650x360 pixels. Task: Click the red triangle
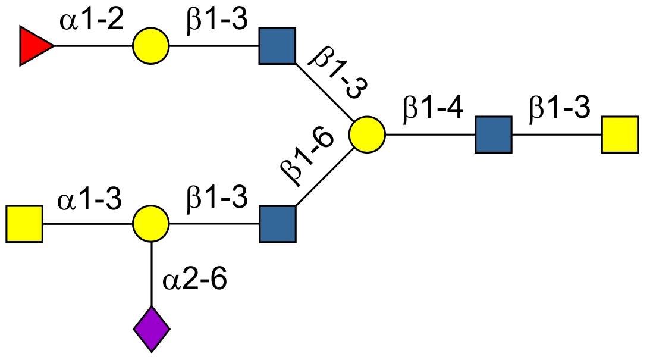click(33, 46)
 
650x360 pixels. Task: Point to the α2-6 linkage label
click(194, 280)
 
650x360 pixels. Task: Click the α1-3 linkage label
click(90, 201)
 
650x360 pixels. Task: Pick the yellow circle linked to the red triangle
click(151, 46)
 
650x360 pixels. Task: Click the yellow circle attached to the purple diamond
click(151, 224)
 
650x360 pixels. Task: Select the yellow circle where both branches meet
click(367, 135)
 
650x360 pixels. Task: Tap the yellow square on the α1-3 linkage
click(24, 224)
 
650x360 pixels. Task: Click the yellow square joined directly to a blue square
click(620, 135)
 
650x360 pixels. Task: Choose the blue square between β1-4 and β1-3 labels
click(493, 135)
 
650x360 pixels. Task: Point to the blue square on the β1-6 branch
click(278, 224)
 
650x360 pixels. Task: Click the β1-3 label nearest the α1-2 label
click(216, 22)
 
